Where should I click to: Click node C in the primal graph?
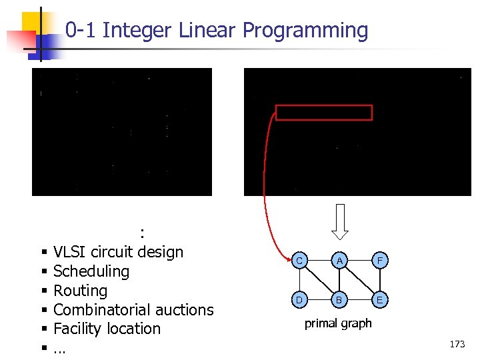coord(301,261)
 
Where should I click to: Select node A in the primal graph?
coord(339,261)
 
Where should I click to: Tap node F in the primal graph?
coord(379,261)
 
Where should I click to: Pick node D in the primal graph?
coord(301,300)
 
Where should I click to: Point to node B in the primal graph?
coord(339,300)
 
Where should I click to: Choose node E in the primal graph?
coord(379,300)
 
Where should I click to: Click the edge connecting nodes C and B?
coord(320,281)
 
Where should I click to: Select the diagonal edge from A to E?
coord(359,281)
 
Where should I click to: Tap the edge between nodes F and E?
coord(379,281)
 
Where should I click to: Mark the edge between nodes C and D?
coord(301,281)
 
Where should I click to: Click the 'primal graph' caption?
coord(338,324)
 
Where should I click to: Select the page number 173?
coord(457,344)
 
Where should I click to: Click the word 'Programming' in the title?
coord(305,30)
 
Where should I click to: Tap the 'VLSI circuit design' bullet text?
coord(118,252)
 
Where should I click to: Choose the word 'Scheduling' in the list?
coord(91,271)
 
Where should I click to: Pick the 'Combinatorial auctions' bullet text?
coord(133,310)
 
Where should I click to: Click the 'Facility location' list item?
coord(107,329)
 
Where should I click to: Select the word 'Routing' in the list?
coord(80,291)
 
